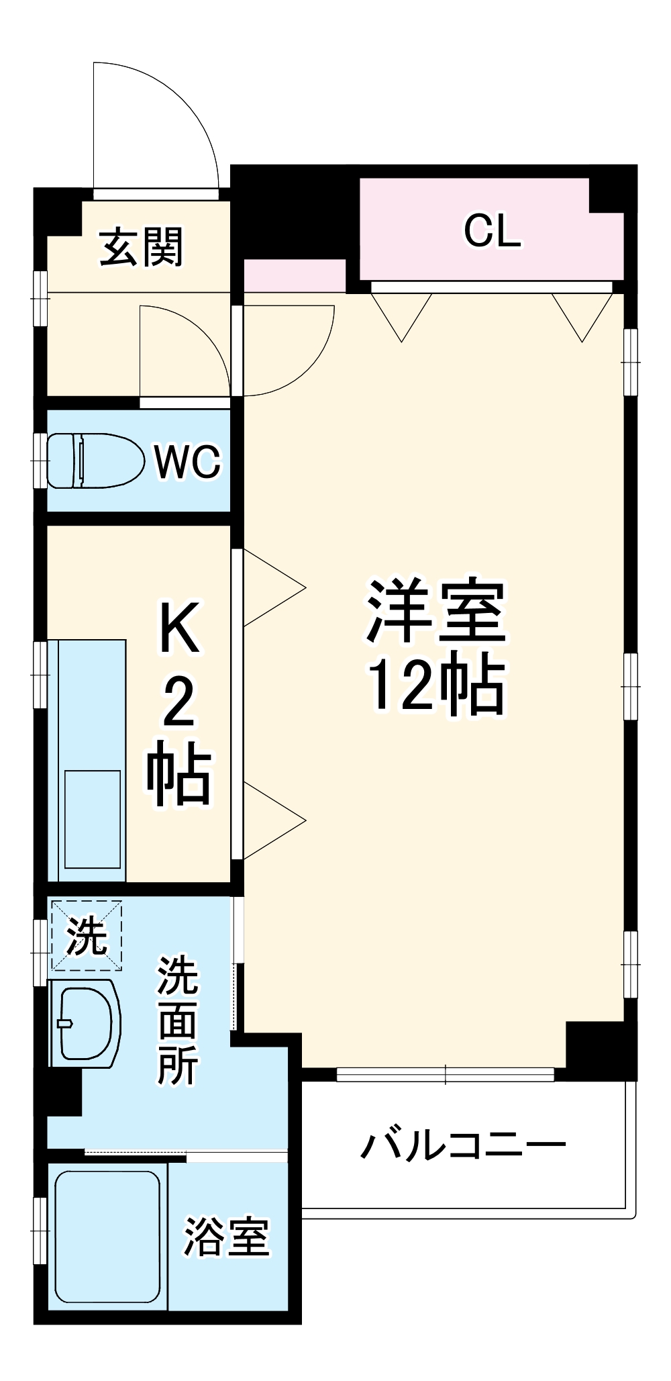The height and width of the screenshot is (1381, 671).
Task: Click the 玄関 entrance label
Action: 142,247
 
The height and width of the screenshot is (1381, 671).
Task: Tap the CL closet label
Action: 492,230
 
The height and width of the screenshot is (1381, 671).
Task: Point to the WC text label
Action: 187,462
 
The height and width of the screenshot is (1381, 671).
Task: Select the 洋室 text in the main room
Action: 435,611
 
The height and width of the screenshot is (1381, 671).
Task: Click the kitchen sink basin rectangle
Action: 93,818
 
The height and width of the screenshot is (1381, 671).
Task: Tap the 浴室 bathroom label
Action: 227,1237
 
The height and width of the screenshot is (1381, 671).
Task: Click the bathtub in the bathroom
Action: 107,1235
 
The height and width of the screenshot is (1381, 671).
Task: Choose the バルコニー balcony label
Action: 463,1145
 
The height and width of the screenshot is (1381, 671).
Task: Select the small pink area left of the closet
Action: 294,275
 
